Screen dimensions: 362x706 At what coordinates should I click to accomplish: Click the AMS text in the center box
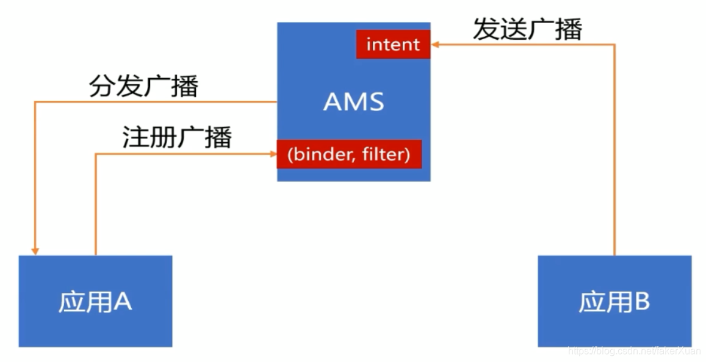(353, 102)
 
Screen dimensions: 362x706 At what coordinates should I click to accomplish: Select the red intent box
(393, 45)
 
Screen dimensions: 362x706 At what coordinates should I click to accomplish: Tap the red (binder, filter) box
(348, 154)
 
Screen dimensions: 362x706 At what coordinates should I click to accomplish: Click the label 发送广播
(527, 29)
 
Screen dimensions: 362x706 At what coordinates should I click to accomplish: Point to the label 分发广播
(144, 87)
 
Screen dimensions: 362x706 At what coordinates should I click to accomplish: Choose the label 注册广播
(177, 138)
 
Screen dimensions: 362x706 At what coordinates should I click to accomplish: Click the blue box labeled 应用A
(95, 301)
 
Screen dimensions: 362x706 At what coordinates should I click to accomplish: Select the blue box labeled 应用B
(614, 301)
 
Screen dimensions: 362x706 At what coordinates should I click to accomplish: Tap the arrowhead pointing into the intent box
(434, 45)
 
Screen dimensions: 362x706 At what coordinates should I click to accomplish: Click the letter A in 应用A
(123, 302)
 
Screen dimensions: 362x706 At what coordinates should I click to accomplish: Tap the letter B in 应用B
(641, 302)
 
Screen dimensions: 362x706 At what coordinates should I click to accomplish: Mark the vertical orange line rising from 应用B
(614, 153)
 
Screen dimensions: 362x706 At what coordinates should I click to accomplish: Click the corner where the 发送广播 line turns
(614, 45)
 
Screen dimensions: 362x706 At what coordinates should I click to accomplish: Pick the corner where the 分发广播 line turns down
(35, 102)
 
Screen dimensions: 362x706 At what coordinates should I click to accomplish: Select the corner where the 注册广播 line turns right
(96, 154)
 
